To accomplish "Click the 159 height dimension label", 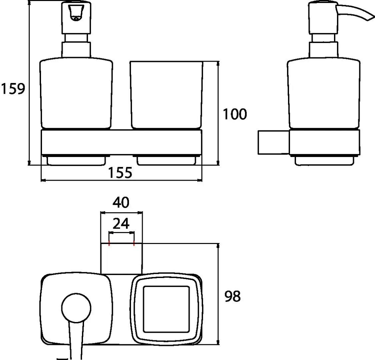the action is [13, 89].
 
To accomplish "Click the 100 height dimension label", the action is [235, 114].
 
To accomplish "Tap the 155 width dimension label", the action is [120, 173].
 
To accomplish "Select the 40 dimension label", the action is [121, 202].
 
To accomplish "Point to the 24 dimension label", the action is [121, 224].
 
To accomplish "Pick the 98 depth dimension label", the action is [232, 296].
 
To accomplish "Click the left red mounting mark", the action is [109, 244].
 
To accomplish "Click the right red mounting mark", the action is [134, 244].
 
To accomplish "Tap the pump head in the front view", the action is [77, 18].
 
